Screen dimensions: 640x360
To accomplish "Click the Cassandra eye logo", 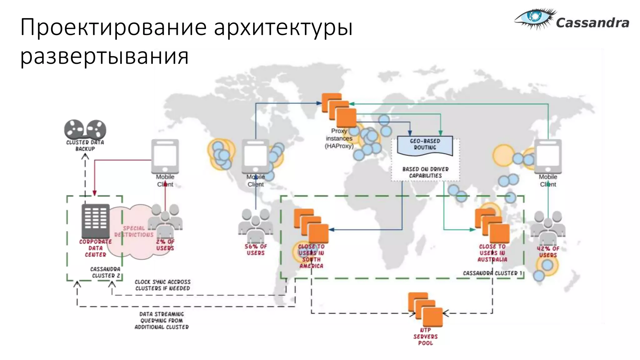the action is coord(535,18).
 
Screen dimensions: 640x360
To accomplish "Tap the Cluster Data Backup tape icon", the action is coord(85,129).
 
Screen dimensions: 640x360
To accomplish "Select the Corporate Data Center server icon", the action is coord(96,221).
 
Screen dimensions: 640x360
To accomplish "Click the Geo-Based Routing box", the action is coord(425,145).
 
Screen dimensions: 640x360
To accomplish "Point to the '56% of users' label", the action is coord(256,250).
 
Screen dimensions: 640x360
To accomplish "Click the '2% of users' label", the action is coord(165,245).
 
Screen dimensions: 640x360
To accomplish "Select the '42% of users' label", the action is coord(548,252).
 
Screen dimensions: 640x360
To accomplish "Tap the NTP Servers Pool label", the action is coord(425,337).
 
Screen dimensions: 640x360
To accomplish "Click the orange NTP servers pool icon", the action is coord(425,310).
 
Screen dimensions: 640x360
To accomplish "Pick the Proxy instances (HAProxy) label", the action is coord(339,138).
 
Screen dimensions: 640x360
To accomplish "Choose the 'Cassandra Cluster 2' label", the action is coord(106,272).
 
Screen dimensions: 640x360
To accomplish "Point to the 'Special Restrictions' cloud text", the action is coord(134,232).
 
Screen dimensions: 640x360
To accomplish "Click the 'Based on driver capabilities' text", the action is coord(425,172).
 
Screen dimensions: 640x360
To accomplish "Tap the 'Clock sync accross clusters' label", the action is coord(162,285).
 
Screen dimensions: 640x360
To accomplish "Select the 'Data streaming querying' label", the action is coord(162,321).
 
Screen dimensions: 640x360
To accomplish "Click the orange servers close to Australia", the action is coord(492,226).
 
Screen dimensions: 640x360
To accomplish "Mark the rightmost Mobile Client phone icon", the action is coord(548,156).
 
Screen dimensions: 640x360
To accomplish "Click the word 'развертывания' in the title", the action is coord(104,56).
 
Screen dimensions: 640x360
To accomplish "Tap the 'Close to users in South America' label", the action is coord(311,256).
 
